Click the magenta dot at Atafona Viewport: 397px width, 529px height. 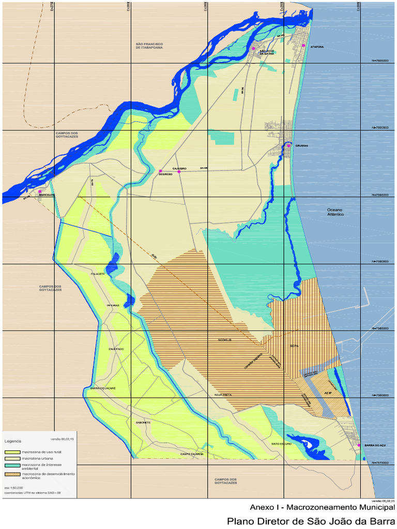tap(304, 46)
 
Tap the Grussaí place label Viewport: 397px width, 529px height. tap(302, 146)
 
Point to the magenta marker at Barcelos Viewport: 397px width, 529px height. tap(40, 191)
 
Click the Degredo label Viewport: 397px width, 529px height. tap(165, 174)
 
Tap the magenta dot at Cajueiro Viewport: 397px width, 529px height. tap(179, 171)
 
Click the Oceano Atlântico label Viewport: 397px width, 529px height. tap(335, 212)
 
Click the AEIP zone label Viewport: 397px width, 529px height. tap(327, 394)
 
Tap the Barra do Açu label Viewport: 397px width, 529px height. tap(375, 445)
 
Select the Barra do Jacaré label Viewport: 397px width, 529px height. tap(103, 388)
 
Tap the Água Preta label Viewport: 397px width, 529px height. tap(223, 395)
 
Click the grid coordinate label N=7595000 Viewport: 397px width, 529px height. tap(380, 195)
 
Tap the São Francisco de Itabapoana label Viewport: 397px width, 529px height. tap(149, 46)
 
